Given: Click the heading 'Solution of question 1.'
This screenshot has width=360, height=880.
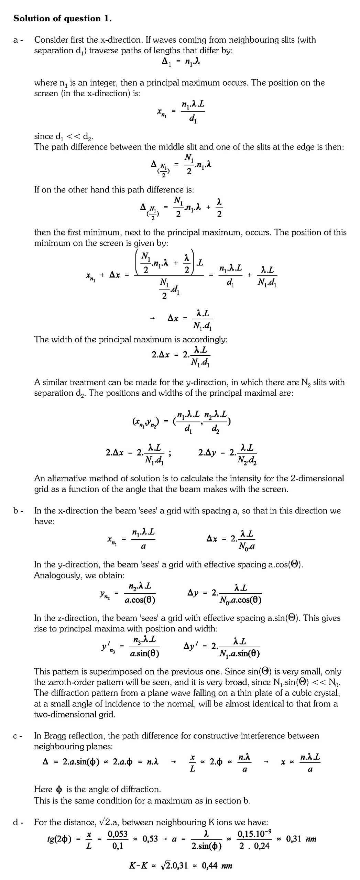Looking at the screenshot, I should click(62, 19).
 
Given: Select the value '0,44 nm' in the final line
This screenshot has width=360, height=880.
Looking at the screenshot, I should click(217, 866).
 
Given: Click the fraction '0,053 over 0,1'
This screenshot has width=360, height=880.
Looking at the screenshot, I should click(118, 839).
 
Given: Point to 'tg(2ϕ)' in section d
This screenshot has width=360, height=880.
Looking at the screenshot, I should click(59, 839).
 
